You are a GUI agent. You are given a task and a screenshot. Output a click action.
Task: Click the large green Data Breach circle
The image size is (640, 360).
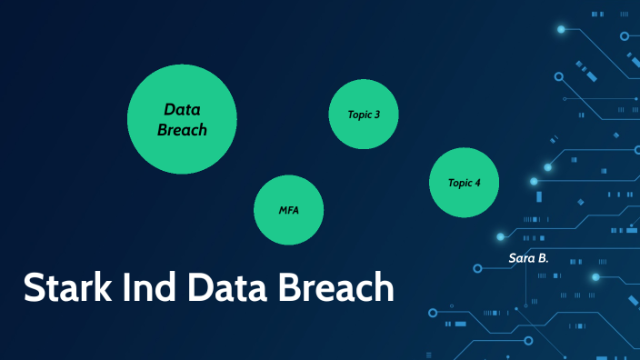(x=182, y=118)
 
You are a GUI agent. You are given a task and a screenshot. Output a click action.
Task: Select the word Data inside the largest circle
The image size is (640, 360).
(x=182, y=109)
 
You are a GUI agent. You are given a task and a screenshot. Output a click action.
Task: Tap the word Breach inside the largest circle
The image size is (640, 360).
(x=182, y=130)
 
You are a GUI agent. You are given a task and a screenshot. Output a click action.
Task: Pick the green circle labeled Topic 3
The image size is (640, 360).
(x=364, y=115)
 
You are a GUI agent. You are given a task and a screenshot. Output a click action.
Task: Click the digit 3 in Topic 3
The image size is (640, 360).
(x=377, y=115)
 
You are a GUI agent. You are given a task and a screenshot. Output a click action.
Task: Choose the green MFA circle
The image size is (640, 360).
(x=289, y=210)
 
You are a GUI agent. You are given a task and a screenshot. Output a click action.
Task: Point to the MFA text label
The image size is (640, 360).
(x=289, y=211)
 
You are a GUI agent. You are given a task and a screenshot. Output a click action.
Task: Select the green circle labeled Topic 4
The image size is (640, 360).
(x=465, y=183)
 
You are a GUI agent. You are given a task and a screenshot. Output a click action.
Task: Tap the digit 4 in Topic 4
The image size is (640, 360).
(x=478, y=184)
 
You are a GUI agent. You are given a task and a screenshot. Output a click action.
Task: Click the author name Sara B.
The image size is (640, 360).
(x=529, y=259)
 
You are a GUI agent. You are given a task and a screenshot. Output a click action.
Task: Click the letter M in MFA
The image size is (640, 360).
(x=283, y=211)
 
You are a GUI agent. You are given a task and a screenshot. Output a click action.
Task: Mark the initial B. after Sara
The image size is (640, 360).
(x=543, y=259)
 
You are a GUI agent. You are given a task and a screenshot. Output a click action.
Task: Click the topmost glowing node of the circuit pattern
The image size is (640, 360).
(x=561, y=29)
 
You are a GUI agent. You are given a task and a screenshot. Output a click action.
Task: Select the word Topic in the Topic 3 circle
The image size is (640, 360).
(x=358, y=115)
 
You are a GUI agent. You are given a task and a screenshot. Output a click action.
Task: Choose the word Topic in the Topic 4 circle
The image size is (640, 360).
(x=459, y=184)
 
